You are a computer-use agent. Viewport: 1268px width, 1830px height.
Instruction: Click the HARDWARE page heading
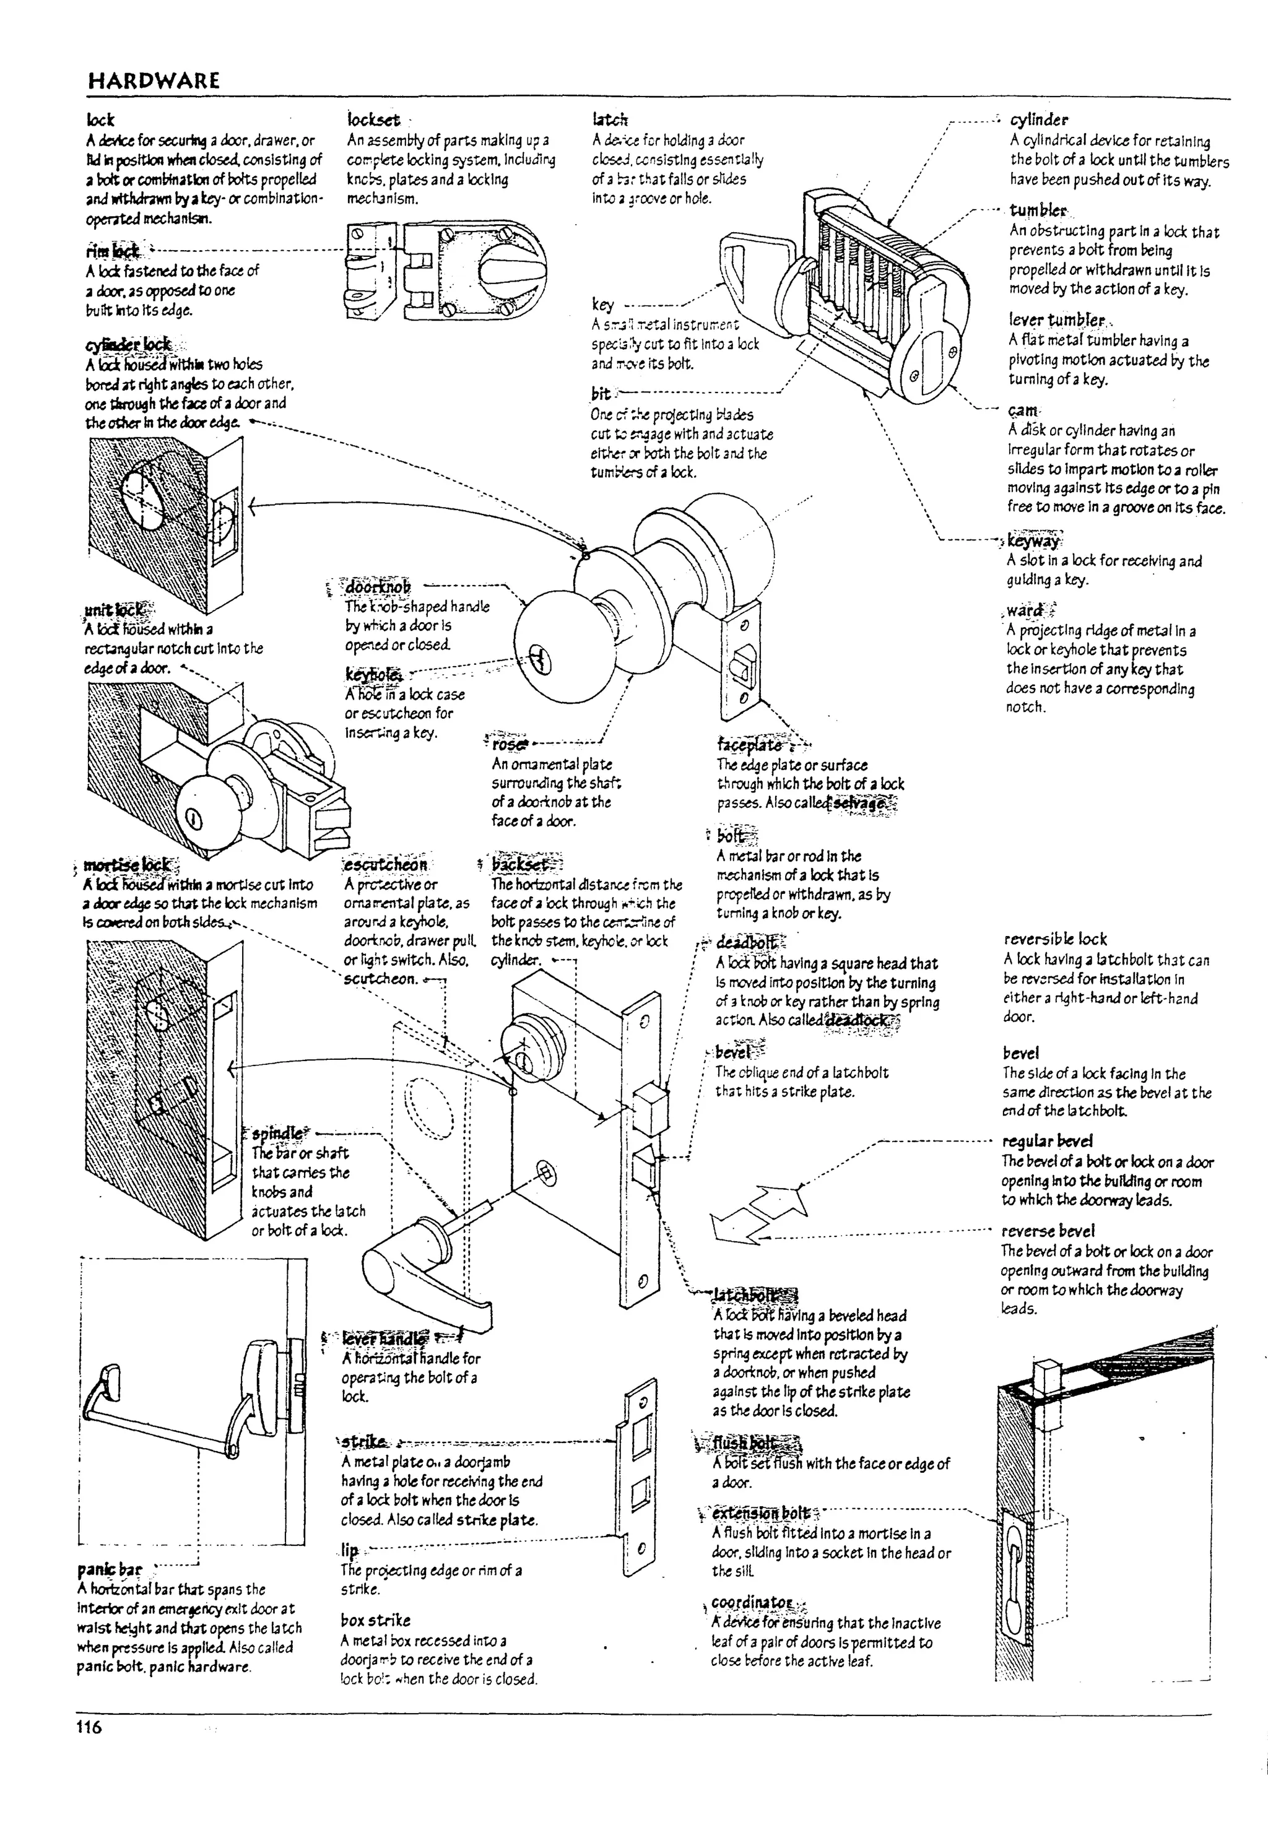[x=154, y=80]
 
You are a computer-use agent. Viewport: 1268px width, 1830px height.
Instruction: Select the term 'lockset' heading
[x=373, y=120]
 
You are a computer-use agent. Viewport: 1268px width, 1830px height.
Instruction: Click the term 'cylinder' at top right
[x=1038, y=120]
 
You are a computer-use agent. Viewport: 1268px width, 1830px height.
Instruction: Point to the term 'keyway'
[x=1033, y=542]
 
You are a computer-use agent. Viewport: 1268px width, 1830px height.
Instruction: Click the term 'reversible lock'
[x=1054, y=939]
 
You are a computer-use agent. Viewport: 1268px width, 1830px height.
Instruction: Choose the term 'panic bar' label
[x=110, y=1569]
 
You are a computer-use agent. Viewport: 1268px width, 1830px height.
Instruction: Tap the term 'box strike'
[x=375, y=1620]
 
